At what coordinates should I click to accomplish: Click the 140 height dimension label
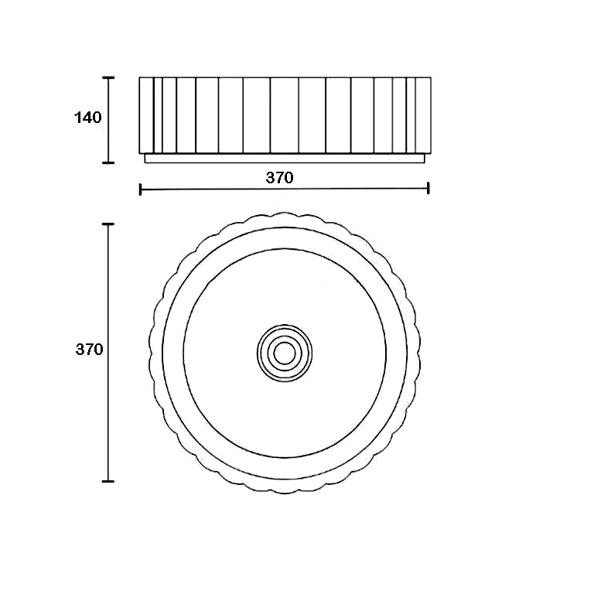click(88, 118)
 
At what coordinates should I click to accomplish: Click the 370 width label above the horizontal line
click(279, 177)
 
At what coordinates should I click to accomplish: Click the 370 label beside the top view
click(90, 350)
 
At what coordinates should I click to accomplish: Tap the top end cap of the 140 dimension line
click(108, 77)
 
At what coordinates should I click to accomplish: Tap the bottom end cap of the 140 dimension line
click(108, 163)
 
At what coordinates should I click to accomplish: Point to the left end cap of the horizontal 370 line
click(141, 189)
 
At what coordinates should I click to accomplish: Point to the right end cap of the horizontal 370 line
click(428, 188)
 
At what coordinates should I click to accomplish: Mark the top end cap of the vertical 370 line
click(108, 224)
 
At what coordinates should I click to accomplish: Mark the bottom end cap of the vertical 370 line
click(108, 482)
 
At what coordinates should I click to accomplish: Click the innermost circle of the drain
click(285, 343)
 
